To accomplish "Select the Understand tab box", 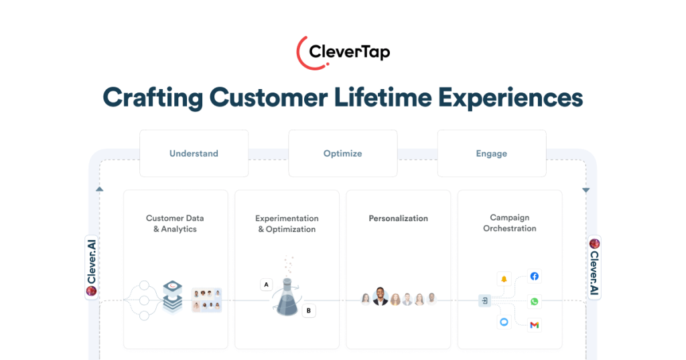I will tap(194, 154).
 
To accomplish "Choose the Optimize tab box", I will tap(342, 154).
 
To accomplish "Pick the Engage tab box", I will tap(492, 154).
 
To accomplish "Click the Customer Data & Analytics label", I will tap(175, 224).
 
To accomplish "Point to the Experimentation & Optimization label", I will tap(287, 224).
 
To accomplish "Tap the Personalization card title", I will tap(398, 219).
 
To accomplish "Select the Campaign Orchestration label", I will tap(510, 223).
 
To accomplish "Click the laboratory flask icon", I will tap(287, 297).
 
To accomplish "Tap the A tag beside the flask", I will tap(267, 285).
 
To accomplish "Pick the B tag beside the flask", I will tap(308, 311).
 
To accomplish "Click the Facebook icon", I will tap(534, 276).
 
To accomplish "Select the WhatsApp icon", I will tap(534, 302).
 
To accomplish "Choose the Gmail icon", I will tap(534, 324).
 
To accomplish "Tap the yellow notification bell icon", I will tap(504, 278).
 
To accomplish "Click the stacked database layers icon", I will tap(173, 296).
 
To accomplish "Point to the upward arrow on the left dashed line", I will tap(100, 190).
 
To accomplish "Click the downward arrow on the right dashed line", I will tap(586, 190).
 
